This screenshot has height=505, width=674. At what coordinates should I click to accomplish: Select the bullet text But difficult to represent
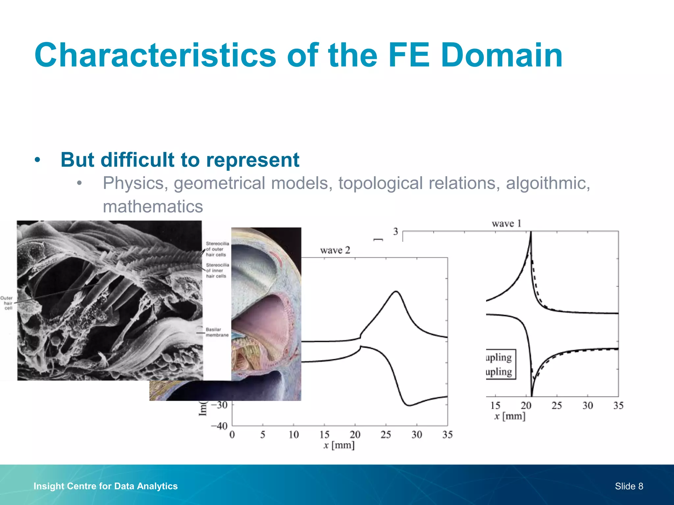pos(180,160)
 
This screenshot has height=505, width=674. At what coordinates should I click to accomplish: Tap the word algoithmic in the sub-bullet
pos(548,183)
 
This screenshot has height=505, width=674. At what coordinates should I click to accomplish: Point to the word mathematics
pos(153,206)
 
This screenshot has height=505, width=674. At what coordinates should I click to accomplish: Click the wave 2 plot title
pos(335,251)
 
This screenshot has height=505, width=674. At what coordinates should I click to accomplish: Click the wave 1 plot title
pos(506,224)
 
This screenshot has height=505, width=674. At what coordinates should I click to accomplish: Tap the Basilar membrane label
pos(217,332)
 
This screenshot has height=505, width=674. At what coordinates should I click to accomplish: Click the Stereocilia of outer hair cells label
pos(217,249)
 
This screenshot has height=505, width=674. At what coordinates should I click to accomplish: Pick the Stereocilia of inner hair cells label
pos(217,270)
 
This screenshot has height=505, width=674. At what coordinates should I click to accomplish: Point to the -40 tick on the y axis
pos(220,426)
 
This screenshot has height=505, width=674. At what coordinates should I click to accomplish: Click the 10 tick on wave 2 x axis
pos(294,435)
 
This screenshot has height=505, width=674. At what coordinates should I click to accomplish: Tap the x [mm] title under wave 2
pos(339,445)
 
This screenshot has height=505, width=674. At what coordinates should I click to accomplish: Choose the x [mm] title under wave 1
pos(510,416)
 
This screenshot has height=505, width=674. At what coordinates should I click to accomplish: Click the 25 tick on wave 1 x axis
pos(557,405)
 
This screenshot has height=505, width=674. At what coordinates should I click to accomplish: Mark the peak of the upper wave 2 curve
pos(396,291)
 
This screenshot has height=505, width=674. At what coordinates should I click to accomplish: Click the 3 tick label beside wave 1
pos(396,231)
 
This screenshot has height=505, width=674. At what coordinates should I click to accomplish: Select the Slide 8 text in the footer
pos(629,486)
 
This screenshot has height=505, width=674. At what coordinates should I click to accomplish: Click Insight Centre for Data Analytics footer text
pos(106,486)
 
